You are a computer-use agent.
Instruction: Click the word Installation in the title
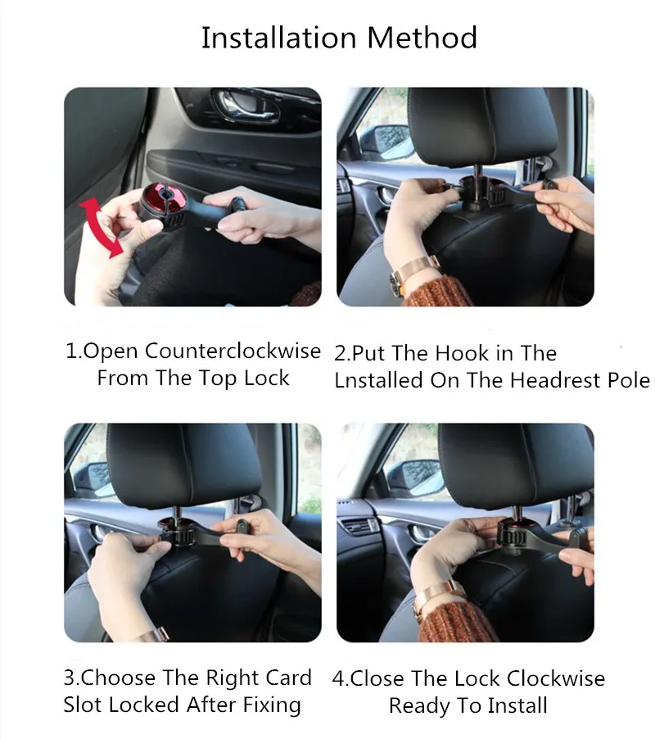pos(279,38)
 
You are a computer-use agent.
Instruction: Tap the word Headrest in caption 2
pos(555,380)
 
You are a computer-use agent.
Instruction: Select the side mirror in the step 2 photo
pos(382,140)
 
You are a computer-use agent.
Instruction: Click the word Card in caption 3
pos(288,678)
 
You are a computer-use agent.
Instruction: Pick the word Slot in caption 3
pos(82,705)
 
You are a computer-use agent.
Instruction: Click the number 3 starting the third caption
pos(69,678)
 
